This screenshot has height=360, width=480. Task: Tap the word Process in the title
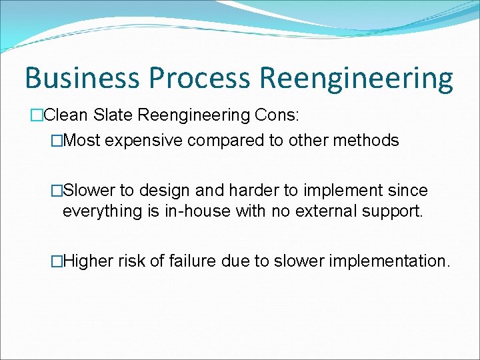click(x=199, y=78)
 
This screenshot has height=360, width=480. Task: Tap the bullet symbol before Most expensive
click(x=57, y=141)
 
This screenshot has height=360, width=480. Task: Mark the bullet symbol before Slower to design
click(x=57, y=191)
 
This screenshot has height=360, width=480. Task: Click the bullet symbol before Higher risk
click(x=57, y=261)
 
